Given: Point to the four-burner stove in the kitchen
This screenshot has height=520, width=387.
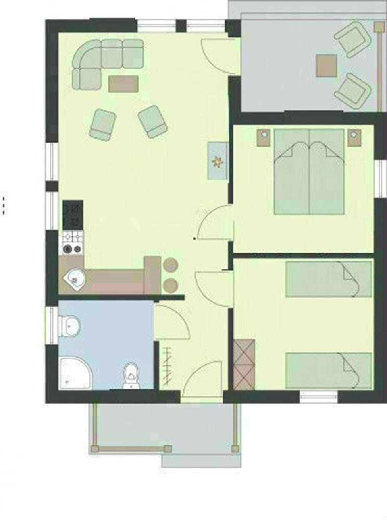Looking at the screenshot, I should [73, 244].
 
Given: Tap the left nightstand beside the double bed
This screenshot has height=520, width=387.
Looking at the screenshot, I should [264, 137].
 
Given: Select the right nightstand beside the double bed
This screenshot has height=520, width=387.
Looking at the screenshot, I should [354, 137].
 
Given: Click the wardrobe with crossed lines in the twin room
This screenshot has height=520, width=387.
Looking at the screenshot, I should [244, 365].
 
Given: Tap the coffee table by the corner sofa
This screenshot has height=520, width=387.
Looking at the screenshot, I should [123, 84].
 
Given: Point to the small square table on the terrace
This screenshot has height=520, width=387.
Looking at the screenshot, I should [327, 66].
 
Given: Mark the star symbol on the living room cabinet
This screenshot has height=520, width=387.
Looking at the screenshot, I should [218, 161].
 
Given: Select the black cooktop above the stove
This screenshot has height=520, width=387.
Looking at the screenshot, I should [73, 215].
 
